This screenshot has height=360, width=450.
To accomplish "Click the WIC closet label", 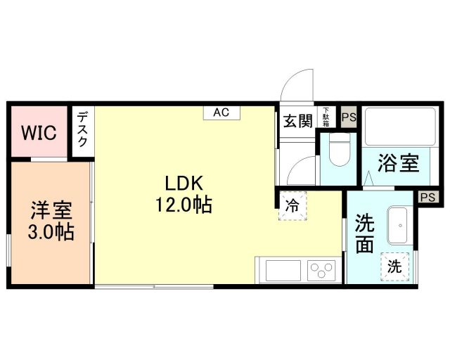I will point(38,132).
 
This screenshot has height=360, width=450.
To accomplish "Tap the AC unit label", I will point(221,111).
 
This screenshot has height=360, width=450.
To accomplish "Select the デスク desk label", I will point(83,128).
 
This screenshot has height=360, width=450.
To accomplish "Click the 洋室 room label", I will point(51,210).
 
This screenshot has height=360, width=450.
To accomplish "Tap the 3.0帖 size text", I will point(51,231).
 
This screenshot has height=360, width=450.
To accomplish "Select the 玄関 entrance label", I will point(297,121).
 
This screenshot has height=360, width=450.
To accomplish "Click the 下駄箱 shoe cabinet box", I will point(327,117).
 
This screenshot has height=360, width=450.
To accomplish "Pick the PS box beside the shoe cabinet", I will point(348,117).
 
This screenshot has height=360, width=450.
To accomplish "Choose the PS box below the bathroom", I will point(427,198).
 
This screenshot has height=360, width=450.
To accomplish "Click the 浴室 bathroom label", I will point(399,163).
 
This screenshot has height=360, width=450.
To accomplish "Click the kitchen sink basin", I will point(281,269).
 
